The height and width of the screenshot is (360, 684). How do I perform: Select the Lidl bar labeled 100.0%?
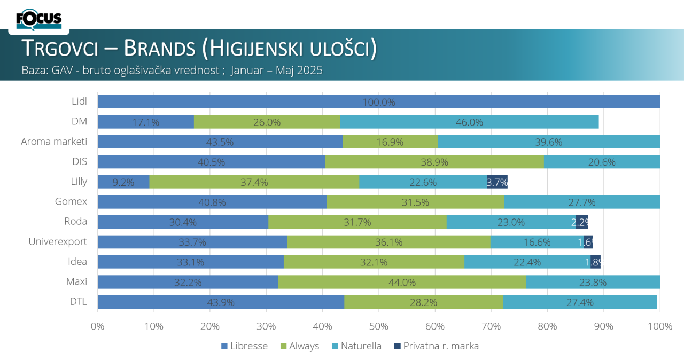pyautogui.click(x=378, y=101)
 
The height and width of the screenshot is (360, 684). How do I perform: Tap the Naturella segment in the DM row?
pyautogui.click(x=469, y=122)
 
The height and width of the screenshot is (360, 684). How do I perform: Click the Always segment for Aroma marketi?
pyautogui.click(x=390, y=142)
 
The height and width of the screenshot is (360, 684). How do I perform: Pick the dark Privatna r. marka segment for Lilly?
pyautogui.click(x=497, y=182)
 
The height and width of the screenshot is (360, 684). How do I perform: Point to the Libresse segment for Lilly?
pyautogui.click(x=123, y=182)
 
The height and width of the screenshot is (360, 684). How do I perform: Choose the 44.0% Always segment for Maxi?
pyautogui.click(x=402, y=282)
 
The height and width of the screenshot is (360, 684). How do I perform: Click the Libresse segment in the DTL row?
pyautogui.click(x=221, y=302)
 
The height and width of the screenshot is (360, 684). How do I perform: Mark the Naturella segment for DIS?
pyautogui.click(x=602, y=162)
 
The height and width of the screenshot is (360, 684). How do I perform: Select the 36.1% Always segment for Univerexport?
pyautogui.click(x=388, y=242)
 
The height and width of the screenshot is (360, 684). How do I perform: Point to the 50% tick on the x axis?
pyautogui.click(x=378, y=326)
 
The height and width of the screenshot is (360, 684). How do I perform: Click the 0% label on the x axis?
pyautogui.click(x=98, y=326)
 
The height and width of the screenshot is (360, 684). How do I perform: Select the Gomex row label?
pyautogui.click(x=71, y=202)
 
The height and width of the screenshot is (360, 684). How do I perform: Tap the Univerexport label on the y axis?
pyautogui.click(x=58, y=242)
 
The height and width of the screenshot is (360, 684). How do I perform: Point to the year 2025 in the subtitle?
pyautogui.click(x=311, y=70)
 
